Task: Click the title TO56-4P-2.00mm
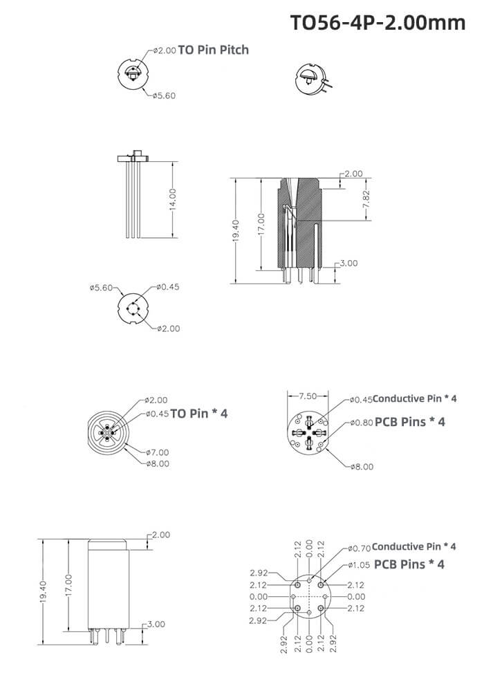pos(377,23)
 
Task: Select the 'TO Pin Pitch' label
pos(213,50)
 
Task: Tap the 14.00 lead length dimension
pos(172,199)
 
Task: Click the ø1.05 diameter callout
pos(360,565)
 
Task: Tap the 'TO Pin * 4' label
pos(198,414)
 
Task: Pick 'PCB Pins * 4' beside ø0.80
pos(410,422)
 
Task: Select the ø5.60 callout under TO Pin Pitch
pos(164,95)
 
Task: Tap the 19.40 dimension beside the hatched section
pos(235,230)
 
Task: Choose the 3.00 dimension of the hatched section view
pos(349,264)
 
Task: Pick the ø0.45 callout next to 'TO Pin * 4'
pos(157,414)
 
